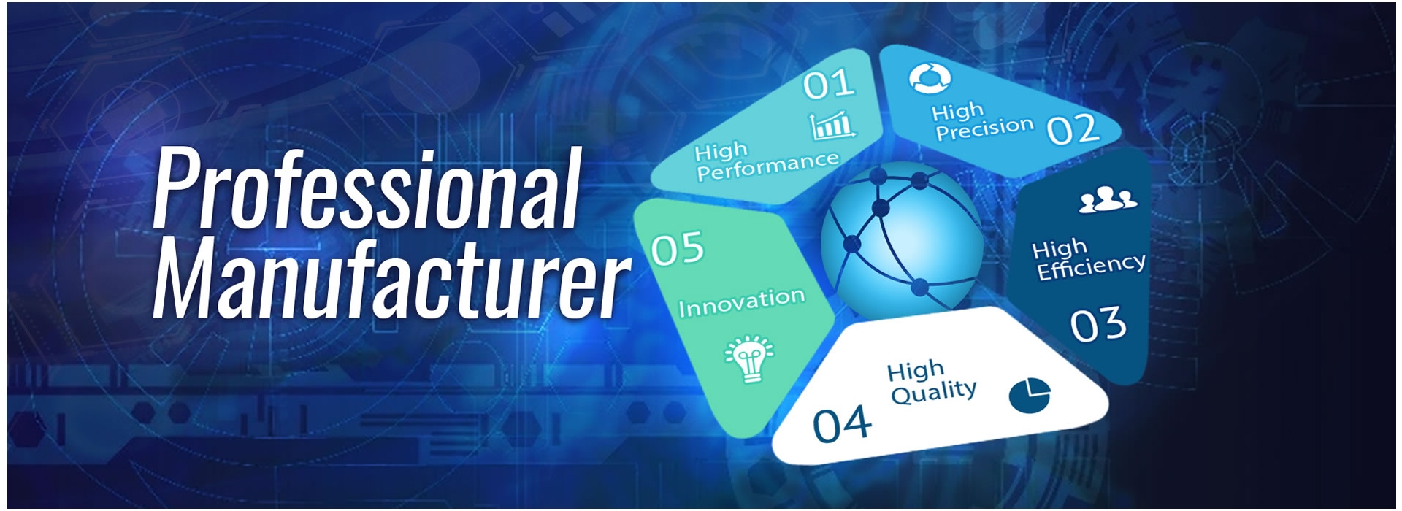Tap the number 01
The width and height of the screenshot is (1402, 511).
(x=829, y=84)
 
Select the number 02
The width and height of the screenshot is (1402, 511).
(x=1073, y=130)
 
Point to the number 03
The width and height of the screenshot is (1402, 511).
(x=1098, y=325)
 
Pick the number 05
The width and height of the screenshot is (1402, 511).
(x=678, y=249)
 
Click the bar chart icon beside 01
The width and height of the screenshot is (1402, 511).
(x=833, y=126)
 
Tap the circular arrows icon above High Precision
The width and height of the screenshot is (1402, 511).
(x=930, y=77)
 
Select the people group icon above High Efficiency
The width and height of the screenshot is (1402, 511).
(x=1108, y=199)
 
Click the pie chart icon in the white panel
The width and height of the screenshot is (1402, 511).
(x=1030, y=395)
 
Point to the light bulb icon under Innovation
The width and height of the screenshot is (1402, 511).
(x=749, y=358)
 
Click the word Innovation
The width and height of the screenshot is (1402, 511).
(x=742, y=302)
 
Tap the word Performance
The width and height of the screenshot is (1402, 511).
(x=768, y=167)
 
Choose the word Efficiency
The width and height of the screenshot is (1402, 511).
(x=1092, y=266)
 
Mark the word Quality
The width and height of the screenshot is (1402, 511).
(x=934, y=393)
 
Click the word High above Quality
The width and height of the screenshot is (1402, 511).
(x=916, y=371)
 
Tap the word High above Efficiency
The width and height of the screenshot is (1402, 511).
(x=1060, y=248)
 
